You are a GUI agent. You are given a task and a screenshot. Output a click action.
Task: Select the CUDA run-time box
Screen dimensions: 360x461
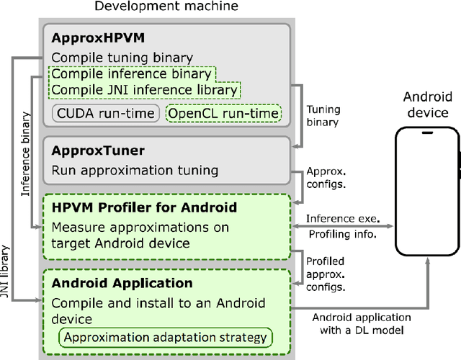105,113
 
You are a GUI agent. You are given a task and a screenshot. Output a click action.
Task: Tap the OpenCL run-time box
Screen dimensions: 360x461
223,113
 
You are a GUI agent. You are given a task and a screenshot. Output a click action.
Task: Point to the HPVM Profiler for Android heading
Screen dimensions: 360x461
144,208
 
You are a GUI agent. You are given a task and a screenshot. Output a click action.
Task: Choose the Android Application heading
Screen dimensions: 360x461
122,283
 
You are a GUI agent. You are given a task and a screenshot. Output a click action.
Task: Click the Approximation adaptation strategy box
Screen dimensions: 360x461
166,337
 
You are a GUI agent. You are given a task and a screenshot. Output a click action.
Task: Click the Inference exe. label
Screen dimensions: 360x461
343,218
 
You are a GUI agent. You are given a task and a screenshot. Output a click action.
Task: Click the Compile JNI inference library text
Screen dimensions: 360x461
144,90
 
